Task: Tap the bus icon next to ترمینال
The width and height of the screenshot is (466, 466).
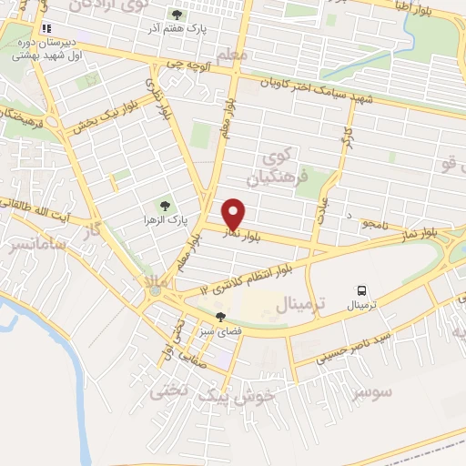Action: pos(362,291)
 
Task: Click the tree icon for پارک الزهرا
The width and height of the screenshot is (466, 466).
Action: pos(165,207)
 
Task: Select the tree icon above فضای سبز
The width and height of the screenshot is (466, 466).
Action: pos(220,317)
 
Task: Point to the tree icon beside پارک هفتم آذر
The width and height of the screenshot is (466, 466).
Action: pos(177,15)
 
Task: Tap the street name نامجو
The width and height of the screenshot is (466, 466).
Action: pos(372,222)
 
